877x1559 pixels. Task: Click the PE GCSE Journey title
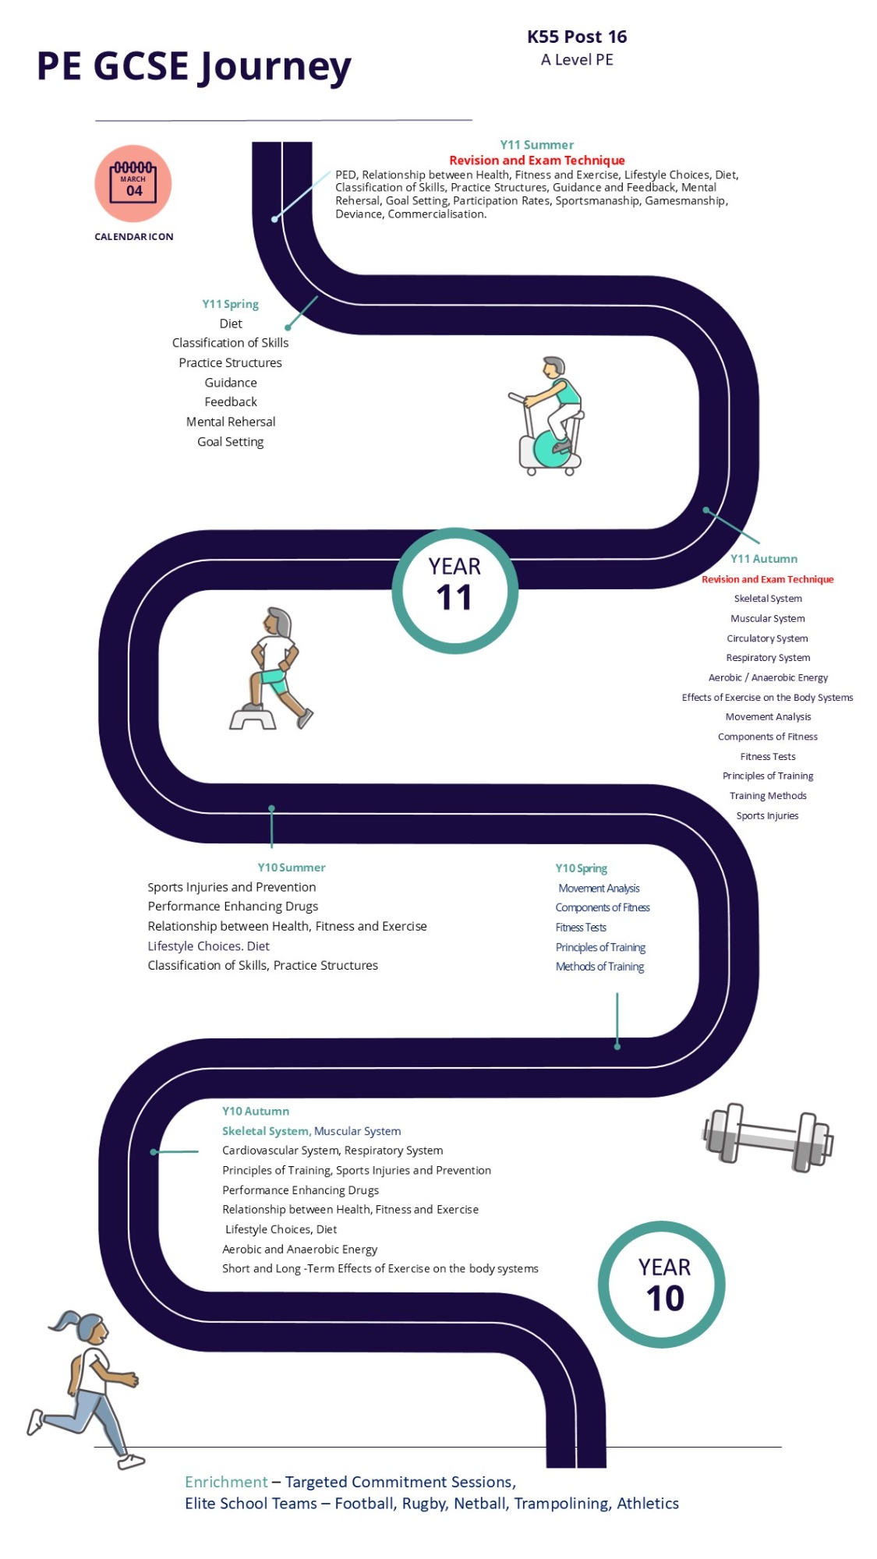coord(194,67)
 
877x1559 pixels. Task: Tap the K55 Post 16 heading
coord(577,37)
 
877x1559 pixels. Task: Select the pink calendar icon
coord(133,183)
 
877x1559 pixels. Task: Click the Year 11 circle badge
coord(454,590)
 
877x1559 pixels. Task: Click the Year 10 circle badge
coord(662,1284)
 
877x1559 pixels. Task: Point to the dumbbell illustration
coord(768,1137)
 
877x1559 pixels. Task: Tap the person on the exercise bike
coord(549,416)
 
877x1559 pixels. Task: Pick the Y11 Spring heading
coord(230,304)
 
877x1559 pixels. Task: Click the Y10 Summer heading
coord(292,868)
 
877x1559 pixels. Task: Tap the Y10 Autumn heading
coord(256,1112)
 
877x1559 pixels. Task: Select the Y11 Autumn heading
coord(764,559)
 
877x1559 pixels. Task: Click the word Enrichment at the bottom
coord(226,1482)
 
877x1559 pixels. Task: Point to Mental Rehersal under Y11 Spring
coord(231,422)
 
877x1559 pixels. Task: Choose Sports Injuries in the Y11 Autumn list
coord(768,816)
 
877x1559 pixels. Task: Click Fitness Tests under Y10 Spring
coord(581,928)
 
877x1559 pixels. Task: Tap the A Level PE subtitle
coord(577,60)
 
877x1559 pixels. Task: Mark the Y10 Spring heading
coord(582,868)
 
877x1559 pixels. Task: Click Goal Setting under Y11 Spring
coord(231,442)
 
